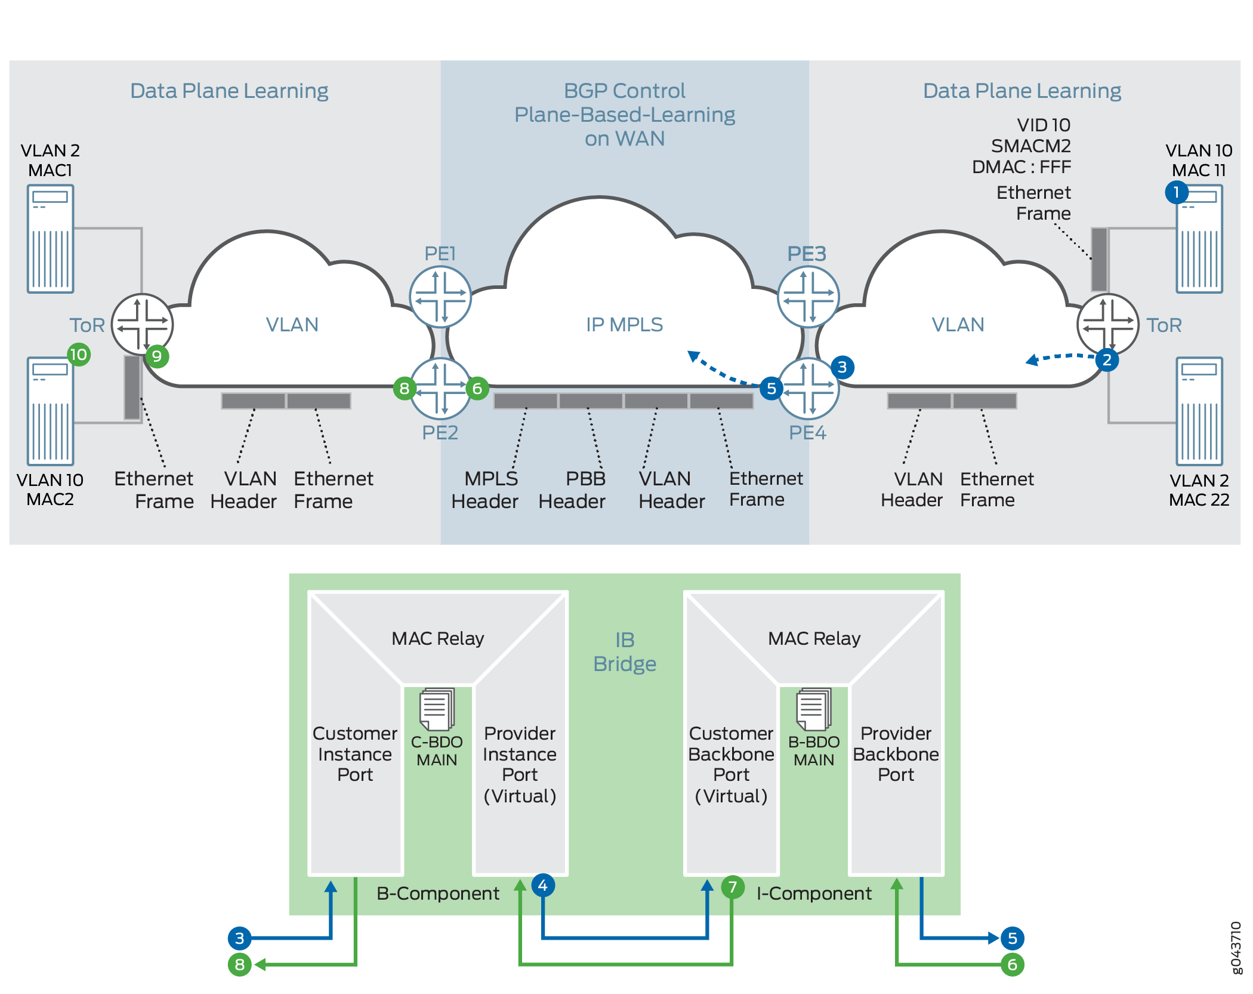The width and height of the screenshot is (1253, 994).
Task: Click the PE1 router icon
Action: (440, 297)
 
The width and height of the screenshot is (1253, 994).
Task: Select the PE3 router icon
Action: (808, 297)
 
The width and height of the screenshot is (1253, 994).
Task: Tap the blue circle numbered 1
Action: (1177, 192)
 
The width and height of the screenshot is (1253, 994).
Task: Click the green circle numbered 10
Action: (78, 355)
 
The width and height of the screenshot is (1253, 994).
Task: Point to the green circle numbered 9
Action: (157, 356)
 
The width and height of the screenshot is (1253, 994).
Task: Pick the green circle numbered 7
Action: (733, 887)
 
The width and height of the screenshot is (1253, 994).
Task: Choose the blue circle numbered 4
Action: (543, 885)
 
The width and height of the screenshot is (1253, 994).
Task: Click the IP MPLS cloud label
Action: (624, 324)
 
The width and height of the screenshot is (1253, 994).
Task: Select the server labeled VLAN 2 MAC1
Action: (51, 239)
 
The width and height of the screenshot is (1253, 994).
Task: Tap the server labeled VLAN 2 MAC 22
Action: (1199, 411)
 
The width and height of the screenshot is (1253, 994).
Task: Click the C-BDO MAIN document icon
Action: (437, 709)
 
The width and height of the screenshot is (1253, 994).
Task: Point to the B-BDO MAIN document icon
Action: (814, 709)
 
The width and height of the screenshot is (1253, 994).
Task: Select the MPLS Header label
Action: (484, 490)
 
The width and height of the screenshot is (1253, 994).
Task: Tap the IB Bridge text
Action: (625, 652)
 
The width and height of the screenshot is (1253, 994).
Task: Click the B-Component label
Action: (438, 893)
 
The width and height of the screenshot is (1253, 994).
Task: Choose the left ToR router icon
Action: (143, 325)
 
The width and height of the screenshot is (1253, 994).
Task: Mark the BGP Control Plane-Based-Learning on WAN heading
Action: (625, 115)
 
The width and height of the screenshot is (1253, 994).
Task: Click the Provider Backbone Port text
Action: (896, 754)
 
